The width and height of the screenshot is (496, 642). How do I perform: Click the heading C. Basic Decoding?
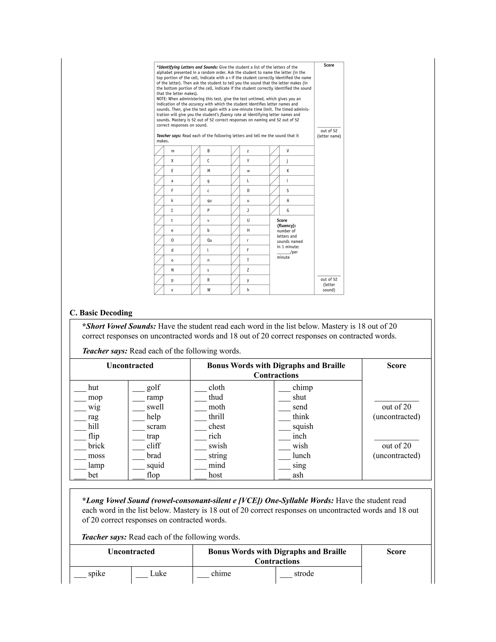coord(101,313)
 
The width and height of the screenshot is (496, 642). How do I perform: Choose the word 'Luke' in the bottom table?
coord(158,573)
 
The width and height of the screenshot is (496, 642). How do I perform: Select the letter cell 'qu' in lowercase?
coord(209,201)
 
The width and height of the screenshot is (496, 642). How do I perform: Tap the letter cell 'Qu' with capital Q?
coord(209,240)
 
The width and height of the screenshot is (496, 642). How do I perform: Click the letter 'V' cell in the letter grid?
coord(288,151)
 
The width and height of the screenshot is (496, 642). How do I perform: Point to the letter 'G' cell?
coord(288,211)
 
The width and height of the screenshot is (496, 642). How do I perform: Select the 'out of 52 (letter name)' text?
coord(329,133)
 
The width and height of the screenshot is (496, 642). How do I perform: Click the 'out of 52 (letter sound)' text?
coord(329,285)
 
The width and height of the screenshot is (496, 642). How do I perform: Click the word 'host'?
coord(215,475)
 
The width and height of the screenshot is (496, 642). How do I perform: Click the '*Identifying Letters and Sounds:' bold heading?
coord(187,67)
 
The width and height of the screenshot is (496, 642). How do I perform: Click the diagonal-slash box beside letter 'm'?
coord(159,151)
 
